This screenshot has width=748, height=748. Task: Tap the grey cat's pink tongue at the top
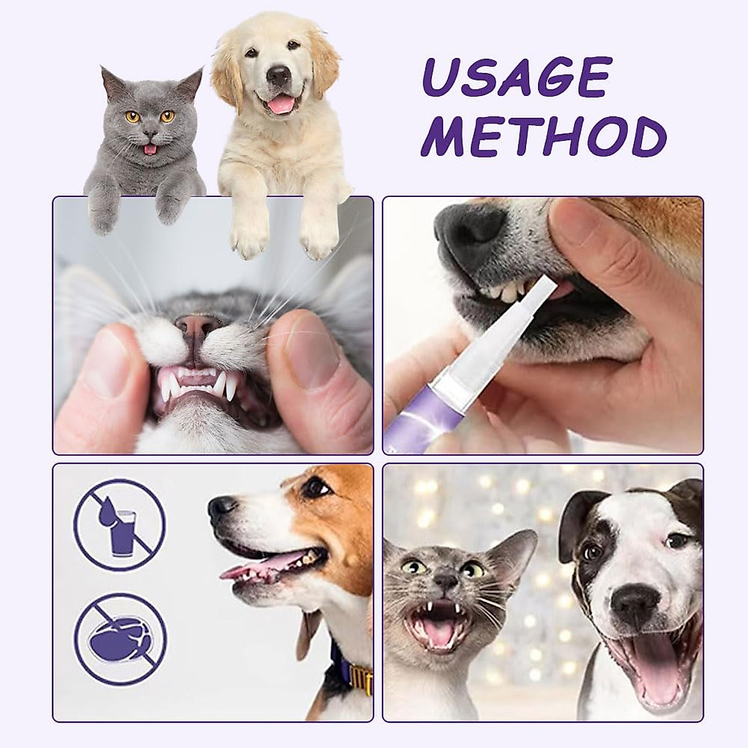point(148,150)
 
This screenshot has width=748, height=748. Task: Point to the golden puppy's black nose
point(278,75)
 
